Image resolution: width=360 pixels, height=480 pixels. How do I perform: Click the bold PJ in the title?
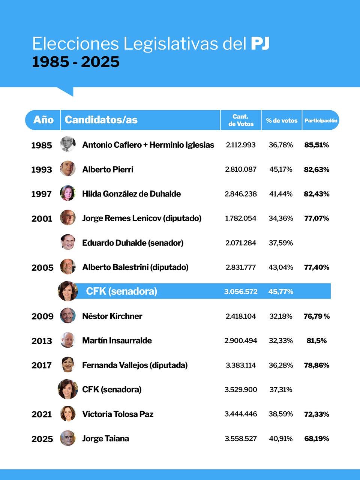pos(260,43)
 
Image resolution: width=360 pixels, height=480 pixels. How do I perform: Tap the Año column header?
pos(43,120)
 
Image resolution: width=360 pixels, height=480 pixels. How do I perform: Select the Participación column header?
pos(321,120)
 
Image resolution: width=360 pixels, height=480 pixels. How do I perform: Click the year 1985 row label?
pos(42,145)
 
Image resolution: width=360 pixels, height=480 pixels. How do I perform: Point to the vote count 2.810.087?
pos(241,169)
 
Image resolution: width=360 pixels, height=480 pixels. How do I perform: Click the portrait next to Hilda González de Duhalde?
pos(68,193)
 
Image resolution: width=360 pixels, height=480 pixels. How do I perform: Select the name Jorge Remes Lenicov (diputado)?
pos(142,218)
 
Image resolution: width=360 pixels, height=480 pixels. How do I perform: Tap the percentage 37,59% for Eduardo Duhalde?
pos(280,243)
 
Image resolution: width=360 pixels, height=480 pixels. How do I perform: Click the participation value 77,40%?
pos(316,267)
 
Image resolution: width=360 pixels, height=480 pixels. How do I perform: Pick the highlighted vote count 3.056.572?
pos(241,291)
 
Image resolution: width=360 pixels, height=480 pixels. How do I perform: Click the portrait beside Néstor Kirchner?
pos(68,316)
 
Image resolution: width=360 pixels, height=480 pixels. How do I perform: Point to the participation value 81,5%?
pos(316,340)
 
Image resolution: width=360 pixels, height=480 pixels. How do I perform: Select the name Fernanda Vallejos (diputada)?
pos(135,365)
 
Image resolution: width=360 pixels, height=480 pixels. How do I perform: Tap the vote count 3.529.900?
pos(241,390)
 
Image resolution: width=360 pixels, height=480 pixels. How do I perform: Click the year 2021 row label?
pos(42,414)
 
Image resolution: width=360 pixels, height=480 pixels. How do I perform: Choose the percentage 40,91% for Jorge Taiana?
pos(280,438)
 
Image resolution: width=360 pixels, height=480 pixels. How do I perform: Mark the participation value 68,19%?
pos(316,438)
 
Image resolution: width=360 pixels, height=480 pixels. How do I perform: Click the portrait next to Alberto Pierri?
pos(68,169)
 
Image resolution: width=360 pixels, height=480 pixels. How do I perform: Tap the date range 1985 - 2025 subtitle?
pos(76,62)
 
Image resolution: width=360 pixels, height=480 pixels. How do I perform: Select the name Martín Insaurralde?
pos(117,340)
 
